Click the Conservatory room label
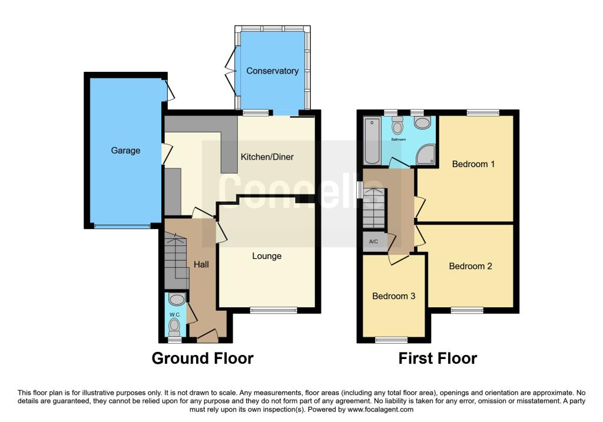(x=272, y=71)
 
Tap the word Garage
(x=126, y=150)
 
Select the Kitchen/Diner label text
(x=267, y=157)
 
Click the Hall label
(x=201, y=265)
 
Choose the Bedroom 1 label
(x=473, y=164)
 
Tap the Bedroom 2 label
(x=470, y=266)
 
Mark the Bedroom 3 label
(x=393, y=296)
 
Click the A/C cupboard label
(x=373, y=242)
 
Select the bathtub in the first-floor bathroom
(x=372, y=141)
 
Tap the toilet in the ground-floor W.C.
(x=174, y=324)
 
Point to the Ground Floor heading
(x=203, y=358)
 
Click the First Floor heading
(x=438, y=358)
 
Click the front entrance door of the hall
(x=207, y=337)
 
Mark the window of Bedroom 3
(x=392, y=340)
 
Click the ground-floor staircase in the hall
(x=175, y=259)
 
